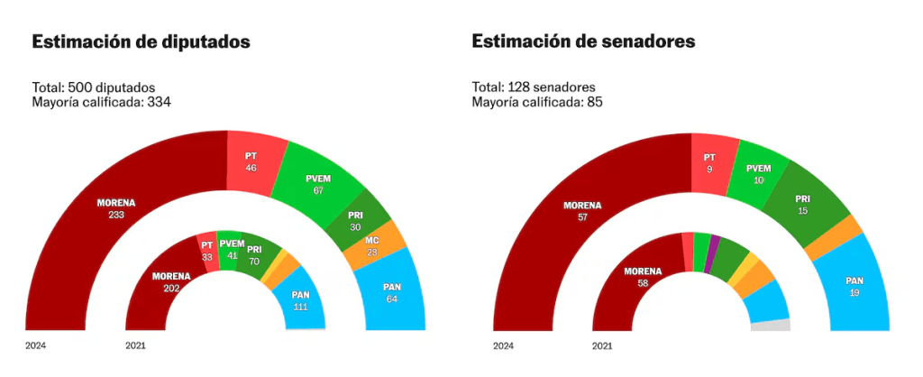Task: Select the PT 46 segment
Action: [x=252, y=162]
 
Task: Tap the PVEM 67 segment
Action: [x=316, y=183]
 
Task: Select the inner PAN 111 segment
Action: [x=301, y=300]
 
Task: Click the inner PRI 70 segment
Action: [x=256, y=254]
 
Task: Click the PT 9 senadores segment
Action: [x=710, y=162]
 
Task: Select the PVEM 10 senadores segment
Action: [x=759, y=172]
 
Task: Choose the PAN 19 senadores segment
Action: [x=854, y=287]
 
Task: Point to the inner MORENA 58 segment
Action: [x=641, y=275]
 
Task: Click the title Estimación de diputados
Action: [x=141, y=42]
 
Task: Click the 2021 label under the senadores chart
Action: [x=603, y=345]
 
